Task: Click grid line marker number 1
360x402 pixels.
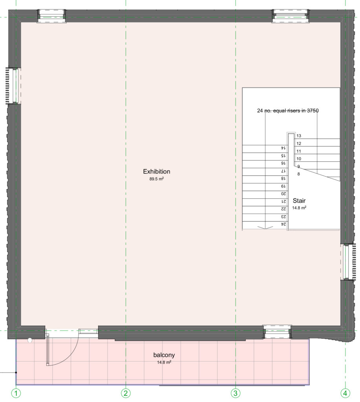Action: point(16,393)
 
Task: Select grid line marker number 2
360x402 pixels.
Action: point(126,393)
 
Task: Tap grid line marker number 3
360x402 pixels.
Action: point(236,393)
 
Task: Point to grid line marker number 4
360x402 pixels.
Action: point(345,393)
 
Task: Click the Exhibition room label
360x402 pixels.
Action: point(156,172)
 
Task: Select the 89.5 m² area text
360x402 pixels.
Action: point(156,179)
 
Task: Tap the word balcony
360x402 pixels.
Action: point(164,355)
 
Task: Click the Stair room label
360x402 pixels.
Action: point(299,201)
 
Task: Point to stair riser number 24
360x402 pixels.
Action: point(283,224)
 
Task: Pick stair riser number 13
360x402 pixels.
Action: point(299,136)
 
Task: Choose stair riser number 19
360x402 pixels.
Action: point(283,186)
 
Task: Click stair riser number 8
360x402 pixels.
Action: point(298,174)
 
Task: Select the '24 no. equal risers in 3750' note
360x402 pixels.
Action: point(288,111)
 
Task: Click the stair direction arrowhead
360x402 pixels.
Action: point(265,227)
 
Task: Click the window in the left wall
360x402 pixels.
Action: point(13,86)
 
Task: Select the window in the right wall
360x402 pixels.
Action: point(349,261)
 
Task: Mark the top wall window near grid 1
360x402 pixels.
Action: point(51,16)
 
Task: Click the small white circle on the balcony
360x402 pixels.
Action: point(30,340)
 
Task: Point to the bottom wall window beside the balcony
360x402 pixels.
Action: point(277,332)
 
